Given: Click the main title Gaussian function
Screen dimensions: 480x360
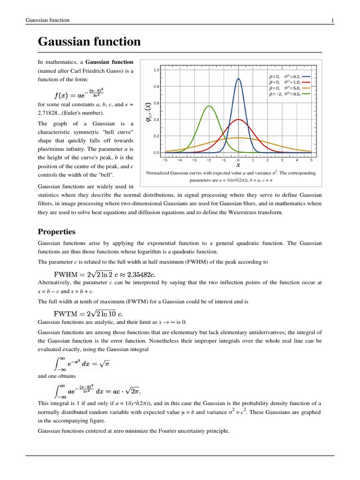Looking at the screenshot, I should [89, 42].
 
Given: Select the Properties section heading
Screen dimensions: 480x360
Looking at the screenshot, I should [56, 232].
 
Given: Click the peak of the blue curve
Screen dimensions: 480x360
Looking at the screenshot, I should [238, 79].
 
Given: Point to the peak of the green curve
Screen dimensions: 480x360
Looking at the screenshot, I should [209, 106].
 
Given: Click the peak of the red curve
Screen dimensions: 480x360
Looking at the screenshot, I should [238, 120].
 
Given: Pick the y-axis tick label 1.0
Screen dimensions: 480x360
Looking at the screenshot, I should [157, 70].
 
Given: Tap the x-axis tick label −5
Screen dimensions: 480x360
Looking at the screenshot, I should [165, 160].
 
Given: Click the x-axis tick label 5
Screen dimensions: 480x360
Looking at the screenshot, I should [311, 160].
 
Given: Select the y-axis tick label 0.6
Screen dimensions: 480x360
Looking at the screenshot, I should [157, 103].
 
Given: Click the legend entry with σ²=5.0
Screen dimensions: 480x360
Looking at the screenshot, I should [289, 88].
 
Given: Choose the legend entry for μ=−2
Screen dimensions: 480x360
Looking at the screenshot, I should [289, 94].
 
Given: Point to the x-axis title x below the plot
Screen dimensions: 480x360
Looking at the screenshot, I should [238, 165].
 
